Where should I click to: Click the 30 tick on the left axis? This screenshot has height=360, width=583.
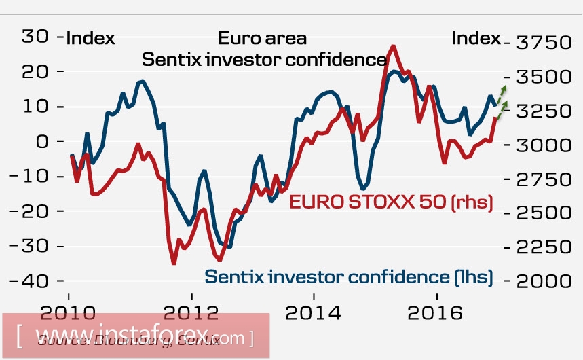[34, 37]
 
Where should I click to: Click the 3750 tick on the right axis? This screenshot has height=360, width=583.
[543, 43]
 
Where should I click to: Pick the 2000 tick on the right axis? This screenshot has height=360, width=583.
[543, 281]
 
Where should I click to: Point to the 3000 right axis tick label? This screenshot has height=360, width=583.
[543, 145]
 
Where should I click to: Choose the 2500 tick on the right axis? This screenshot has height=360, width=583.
[543, 213]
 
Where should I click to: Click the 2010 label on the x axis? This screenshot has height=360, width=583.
[68, 314]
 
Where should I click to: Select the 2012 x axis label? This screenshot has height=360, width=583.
[191, 314]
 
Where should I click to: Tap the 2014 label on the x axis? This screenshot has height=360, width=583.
[314, 314]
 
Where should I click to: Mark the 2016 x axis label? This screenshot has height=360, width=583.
[437, 314]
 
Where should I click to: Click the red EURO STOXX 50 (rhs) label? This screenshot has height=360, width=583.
[391, 202]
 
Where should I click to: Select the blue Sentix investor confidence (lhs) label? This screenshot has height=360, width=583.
[348, 276]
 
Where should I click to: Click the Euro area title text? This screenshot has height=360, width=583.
[262, 38]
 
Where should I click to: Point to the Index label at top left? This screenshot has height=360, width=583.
[90, 38]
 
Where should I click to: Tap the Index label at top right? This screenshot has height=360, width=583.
[476, 38]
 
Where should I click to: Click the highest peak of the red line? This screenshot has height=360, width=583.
[393, 46]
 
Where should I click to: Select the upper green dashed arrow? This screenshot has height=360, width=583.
[502, 94]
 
